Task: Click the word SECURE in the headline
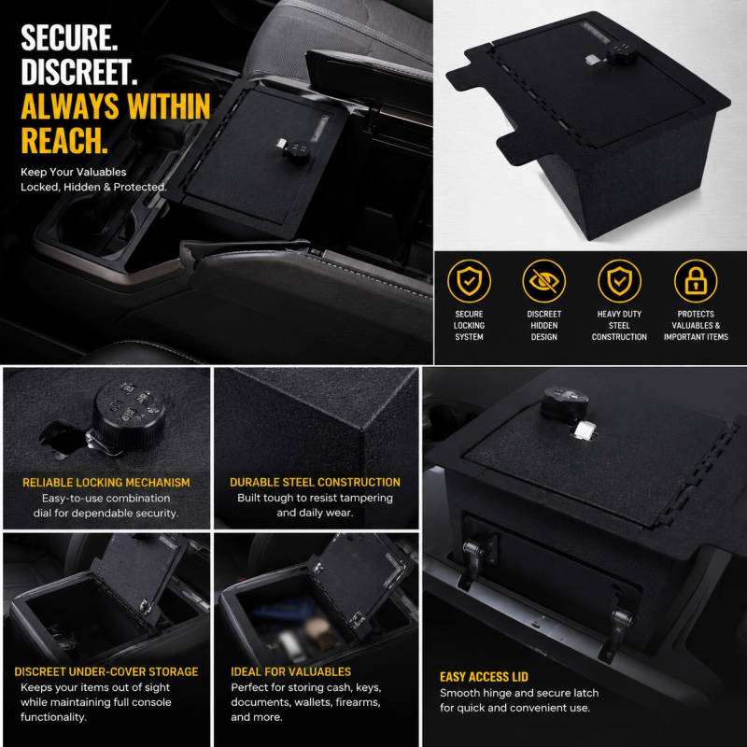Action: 69,38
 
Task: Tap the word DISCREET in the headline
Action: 79,72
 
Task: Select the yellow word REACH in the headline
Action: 64,140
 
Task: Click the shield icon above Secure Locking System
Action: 469,281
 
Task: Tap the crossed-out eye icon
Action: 543,281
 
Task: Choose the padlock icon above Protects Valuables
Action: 696,281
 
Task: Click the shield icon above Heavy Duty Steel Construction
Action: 619,281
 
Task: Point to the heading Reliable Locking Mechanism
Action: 106,483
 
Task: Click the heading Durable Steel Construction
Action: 315,482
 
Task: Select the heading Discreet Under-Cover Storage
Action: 106,671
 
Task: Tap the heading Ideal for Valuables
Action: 290,671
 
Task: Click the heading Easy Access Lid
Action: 484,677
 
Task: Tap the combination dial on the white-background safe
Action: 619,54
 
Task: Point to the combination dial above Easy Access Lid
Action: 564,402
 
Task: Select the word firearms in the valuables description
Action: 358,702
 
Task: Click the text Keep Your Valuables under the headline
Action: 74,172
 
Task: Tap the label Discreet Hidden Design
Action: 544,325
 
